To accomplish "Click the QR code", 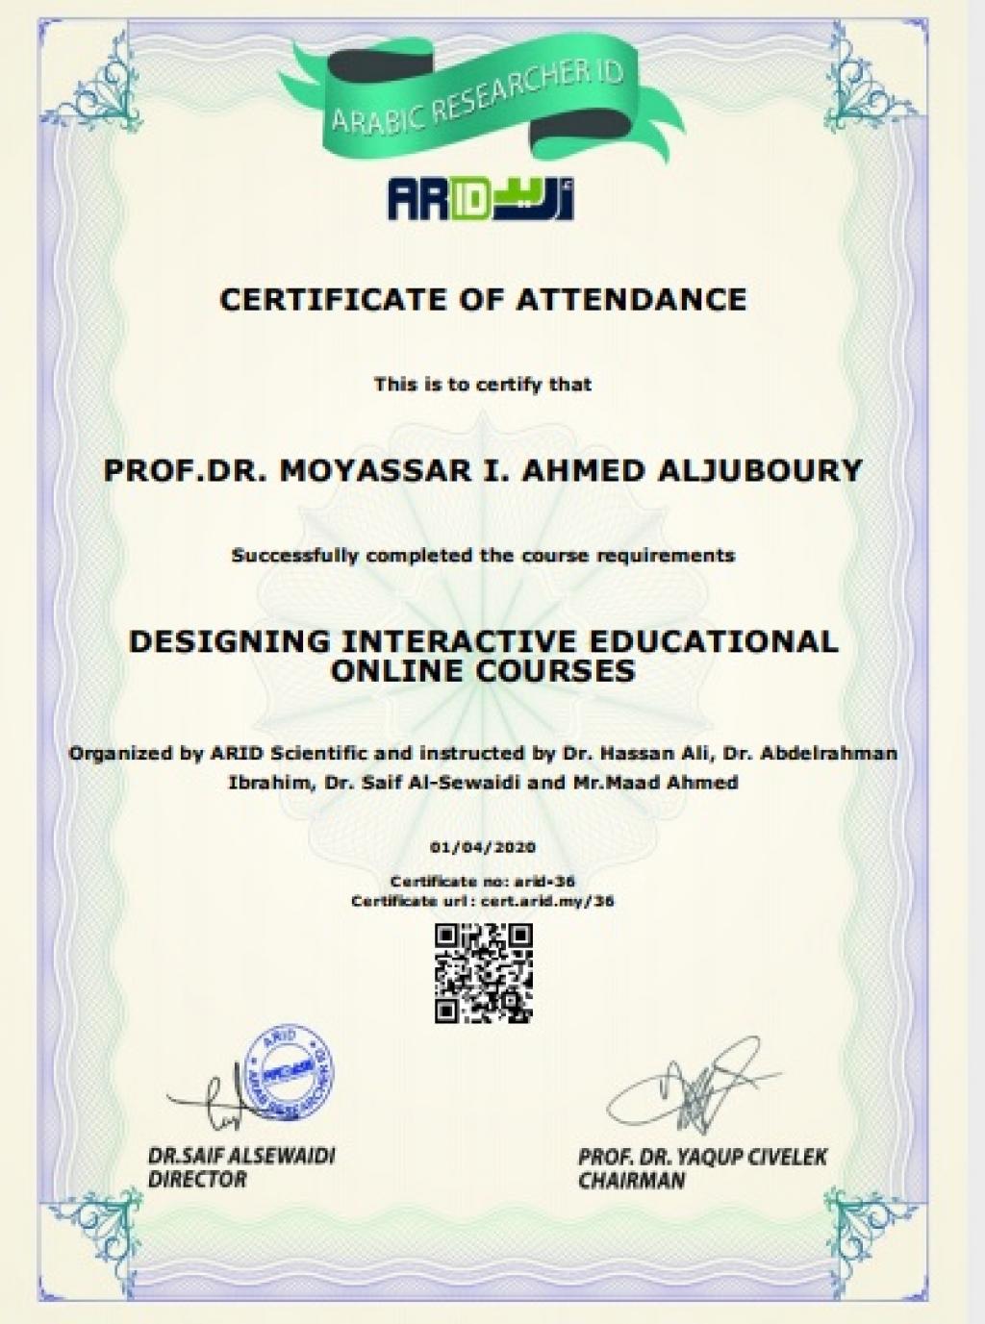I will [484, 973].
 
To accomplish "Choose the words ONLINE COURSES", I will [483, 670].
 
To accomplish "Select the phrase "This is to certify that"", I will [483, 385].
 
